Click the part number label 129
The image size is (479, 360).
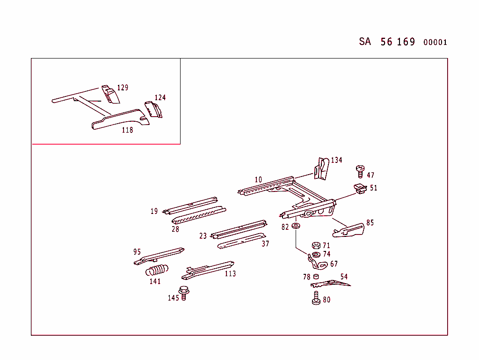pyautogui.click(x=123, y=88)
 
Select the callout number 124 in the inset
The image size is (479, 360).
pyautogui.click(x=160, y=97)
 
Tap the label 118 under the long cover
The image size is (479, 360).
pyautogui.click(x=127, y=130)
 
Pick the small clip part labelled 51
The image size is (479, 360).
pyautogui.click(x=359, y=189)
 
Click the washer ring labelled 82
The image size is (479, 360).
pyautogui.click(x=296, y=227)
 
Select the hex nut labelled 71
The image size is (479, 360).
pyautogui.click(x=316, y=245)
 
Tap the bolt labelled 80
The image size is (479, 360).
pyautogui.click(x=316, y=298)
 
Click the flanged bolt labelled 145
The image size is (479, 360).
pyautogui.click(x=184, y=292)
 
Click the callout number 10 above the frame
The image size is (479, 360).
pyautogui.click(x=259, y=180)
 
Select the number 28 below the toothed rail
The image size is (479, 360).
pyautogui.click(x=175, y=229)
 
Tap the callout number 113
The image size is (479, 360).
pyautogui.click(x=230, y=274)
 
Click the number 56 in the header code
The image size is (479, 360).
pyautogui.click(x=386, y=42)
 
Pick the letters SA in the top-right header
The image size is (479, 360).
pyautogui.click(x=365, y=42)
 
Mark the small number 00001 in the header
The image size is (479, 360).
pyautogui.click(x=435, y=43)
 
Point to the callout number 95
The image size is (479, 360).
pyautogui.click(x=137, y=252)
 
